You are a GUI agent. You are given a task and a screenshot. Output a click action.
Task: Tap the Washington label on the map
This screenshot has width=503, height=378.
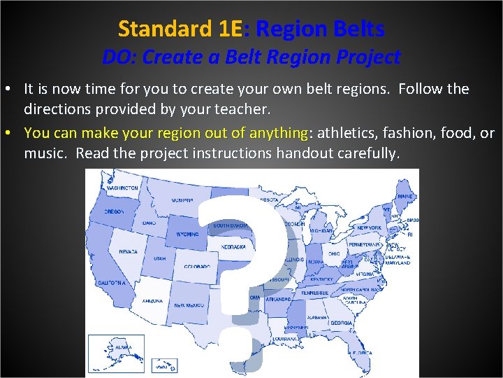(x=122, y=188)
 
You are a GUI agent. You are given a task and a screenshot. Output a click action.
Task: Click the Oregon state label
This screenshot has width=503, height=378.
(x=114, y=211)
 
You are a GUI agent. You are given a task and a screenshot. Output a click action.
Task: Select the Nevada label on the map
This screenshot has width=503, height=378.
(x=128, y=251)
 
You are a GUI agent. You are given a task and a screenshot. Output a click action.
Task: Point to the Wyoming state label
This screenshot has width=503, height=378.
(x=187, y=234)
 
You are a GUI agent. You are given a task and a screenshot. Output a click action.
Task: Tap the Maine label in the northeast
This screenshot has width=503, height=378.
(x=404, y=197)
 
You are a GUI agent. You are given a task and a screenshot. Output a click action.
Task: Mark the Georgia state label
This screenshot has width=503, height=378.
(x=342, y=323)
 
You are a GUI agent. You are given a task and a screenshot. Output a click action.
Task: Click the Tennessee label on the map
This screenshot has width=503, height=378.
(x=315, y=293)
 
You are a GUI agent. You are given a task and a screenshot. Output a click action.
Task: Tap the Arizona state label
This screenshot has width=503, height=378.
(x=152, y=300)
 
